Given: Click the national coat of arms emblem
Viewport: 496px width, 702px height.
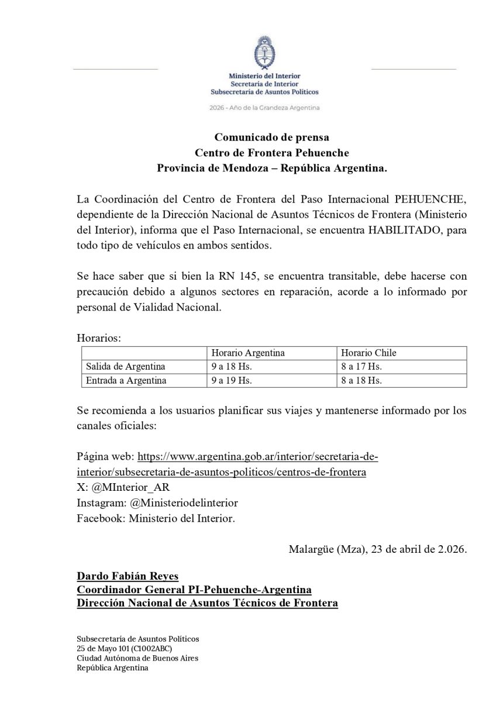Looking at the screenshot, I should [x=265, y=53].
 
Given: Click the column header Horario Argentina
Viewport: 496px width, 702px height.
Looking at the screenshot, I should [x=248, y=353].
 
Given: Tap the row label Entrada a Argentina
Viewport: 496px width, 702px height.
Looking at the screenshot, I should [x=125, y=381].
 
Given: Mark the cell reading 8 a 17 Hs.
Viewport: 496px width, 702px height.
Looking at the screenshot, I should [x=361, y=367].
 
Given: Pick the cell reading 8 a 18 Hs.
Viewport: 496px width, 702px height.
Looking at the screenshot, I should [x=361, y=381].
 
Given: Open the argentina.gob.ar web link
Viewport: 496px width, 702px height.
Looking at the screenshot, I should [x=261, y=456].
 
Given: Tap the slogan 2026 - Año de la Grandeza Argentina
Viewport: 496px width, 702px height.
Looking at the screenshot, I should [x=264, y=108].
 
